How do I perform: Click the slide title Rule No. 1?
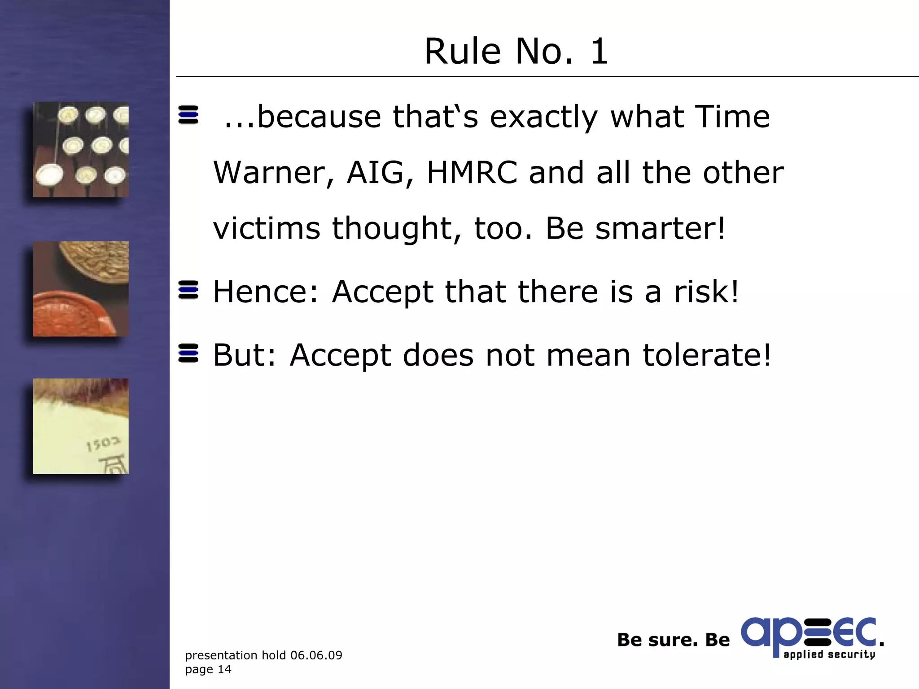[516, 51]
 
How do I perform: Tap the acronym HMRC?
[472, 173]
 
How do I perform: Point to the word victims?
[267, 228]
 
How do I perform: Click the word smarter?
[660, 228]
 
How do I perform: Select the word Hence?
[266, 292]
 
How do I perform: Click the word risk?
[706, 292]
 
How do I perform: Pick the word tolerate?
[707, 355]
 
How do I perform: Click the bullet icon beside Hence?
[188, 290]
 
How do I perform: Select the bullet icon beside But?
[188, 353]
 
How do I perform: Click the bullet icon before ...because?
[188, 115]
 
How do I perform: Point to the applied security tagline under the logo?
[829, 654]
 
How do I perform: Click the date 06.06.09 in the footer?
[316, 655]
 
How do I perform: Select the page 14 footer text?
[208, 669]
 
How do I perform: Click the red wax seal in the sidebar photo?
[72, 314]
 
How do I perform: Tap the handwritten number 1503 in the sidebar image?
[103, 444]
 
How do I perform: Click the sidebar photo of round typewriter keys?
[81, 149]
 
